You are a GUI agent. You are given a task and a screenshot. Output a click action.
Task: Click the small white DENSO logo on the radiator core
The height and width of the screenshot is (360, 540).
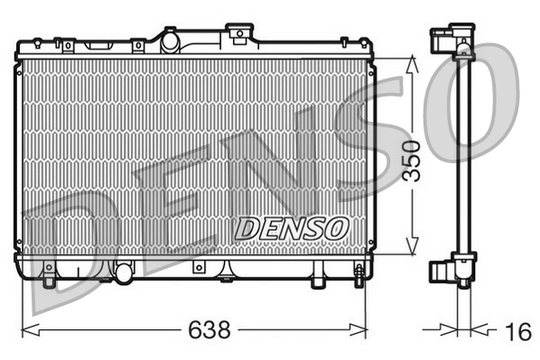[291, 229]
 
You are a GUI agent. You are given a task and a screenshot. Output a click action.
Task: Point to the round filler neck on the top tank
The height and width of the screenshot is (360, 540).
[169, 39]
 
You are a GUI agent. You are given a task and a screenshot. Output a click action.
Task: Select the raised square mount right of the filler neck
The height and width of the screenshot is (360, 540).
[238, 34]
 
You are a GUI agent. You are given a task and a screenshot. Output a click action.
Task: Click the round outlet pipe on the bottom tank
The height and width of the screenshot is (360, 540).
[124, 270]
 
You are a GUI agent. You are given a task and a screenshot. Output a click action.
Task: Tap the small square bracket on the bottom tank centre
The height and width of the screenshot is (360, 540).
[198, 269]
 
